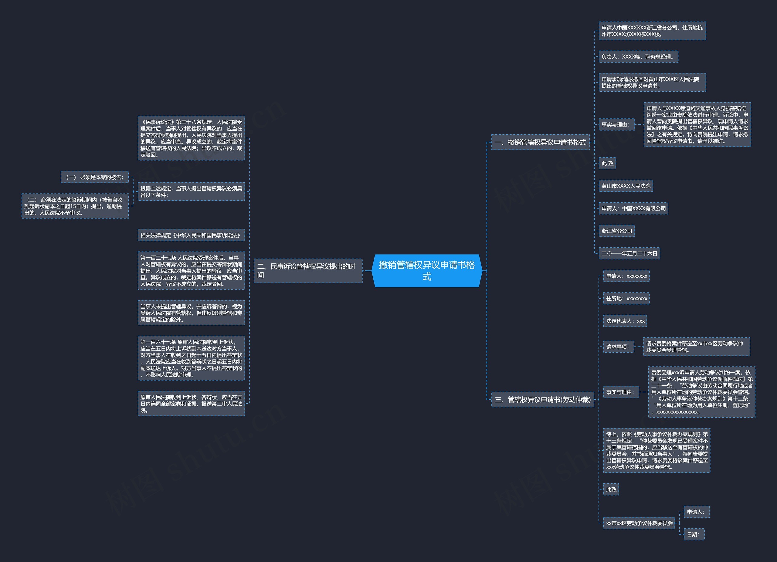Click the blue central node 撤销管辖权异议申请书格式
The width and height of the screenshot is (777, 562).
point(426,271)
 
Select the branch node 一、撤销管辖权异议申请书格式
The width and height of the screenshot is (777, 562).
point(540,142)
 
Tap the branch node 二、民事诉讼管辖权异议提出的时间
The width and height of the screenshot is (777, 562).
point(308,271)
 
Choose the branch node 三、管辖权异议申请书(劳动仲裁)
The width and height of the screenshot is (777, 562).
point(542,399)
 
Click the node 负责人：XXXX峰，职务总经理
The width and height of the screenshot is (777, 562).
point(638,57)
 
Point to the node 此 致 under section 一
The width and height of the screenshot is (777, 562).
point(607,163)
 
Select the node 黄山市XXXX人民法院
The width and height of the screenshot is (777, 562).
point(626,186)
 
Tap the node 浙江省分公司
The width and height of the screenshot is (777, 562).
point(616,231)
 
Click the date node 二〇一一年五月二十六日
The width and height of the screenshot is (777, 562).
point(629,253)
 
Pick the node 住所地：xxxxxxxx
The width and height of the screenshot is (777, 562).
point(626,298)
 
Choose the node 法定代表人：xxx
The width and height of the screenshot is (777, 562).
point(625,321)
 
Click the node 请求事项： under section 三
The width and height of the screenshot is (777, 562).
point(618,347)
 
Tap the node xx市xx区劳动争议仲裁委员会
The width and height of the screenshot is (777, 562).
point(639,523)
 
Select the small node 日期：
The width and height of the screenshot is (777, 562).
point(694,534)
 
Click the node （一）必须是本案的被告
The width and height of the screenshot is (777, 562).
point(95,177)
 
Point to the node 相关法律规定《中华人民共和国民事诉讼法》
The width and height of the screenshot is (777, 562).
point(191,235)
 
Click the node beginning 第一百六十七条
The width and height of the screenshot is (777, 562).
point(191,358)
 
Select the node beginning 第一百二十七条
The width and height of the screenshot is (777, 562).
point(191,271)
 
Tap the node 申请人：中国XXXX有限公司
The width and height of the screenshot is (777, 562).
point(633,208)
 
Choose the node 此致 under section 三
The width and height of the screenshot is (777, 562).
point(611,489)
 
